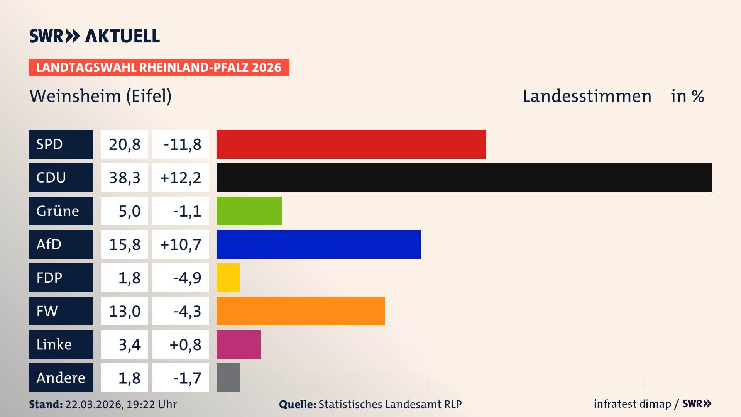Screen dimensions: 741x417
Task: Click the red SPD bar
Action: pos(351,144)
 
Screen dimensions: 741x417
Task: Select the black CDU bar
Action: pos(464,177)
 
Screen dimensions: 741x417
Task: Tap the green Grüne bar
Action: pos(249,211)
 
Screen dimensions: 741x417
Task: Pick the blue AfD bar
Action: pos(318,244)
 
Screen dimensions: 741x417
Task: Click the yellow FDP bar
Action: pos(228,278)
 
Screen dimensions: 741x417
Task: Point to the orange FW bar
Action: pos(301,311)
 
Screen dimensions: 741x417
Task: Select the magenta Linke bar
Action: pos(238,344)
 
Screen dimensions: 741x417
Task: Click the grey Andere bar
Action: pos(228,378)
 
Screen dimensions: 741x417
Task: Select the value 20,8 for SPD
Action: pos(124,144)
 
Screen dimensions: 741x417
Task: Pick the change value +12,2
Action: pos(180,177)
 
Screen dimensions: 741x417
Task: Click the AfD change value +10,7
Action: pos(180,244)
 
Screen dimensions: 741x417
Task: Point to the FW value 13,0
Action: pos(124,311)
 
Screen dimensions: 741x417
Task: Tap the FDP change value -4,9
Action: pos(187,278)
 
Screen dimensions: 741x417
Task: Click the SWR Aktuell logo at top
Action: pos(94,36)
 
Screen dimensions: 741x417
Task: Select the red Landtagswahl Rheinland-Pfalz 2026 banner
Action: pos(159,67)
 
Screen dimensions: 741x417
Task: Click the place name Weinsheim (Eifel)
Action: pos(100,96)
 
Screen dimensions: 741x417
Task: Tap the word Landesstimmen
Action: pos(587,96)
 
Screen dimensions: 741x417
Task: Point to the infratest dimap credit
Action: pos(632,404)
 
